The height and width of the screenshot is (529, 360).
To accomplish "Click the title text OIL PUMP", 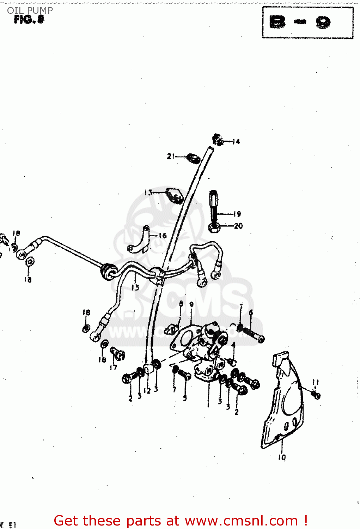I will coord(30,10).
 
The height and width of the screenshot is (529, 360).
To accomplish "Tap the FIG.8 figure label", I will coord(29,20).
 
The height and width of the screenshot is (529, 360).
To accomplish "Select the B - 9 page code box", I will coord(307,23).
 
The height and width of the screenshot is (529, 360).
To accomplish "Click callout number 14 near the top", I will coord(236,142).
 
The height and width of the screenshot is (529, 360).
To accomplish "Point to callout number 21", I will coord(171,156).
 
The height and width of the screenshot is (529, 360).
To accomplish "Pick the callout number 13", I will coord(148,193).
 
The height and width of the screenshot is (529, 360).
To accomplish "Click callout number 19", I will coord(237,214).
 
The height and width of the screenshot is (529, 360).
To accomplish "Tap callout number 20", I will coord(238,226).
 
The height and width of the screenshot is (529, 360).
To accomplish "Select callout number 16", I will coord(162,235).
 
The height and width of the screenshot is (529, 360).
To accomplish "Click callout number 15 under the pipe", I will coord(135,287).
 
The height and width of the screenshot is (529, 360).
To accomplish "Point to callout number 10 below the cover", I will coord(282,457).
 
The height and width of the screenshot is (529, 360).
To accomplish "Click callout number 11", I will coord(316,382).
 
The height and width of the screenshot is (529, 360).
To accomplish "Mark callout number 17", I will coord(113,368).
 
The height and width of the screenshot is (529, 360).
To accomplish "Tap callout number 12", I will coord(147,391).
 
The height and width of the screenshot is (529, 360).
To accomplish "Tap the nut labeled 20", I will coord(214,227).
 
